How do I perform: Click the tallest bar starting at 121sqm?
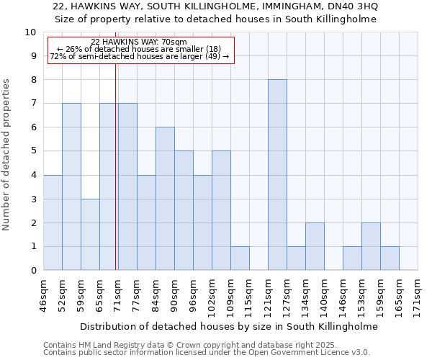tap(277, 175)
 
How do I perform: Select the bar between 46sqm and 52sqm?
tap(53, 222)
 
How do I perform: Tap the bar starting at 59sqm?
tap(90, 234)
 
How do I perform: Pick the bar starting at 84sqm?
tap(165, 199)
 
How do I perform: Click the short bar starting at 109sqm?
tap(240, 258)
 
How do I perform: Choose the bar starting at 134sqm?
tap(315, 246)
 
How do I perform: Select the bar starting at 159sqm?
tap(390, 258)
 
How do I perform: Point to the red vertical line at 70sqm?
tap(116, 166)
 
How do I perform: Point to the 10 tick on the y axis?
tap(31, 32)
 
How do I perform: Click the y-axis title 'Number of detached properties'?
tap(7, 154)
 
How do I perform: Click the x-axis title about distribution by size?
tap(229, 326)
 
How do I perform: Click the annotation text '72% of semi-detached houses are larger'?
tap(139, 56)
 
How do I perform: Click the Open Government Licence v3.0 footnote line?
tap(207, 353)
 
